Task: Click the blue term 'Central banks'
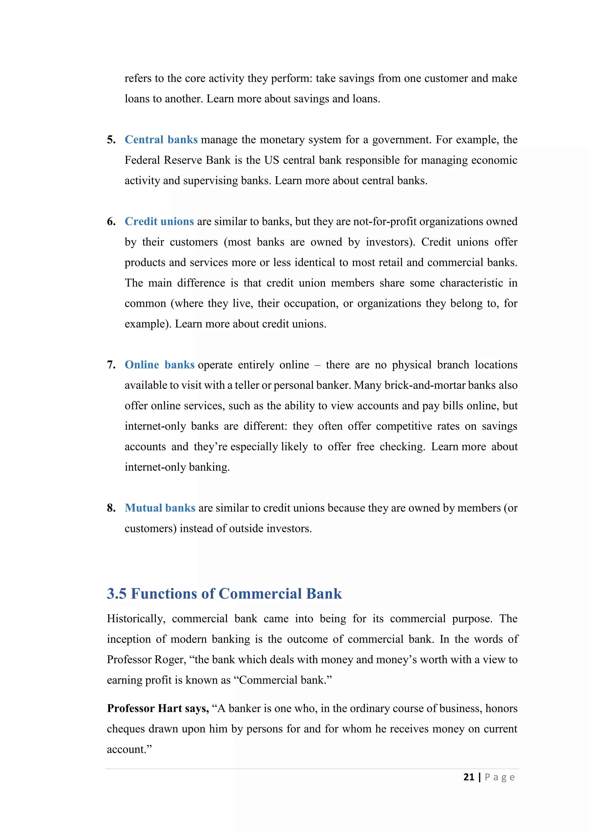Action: (161, 140)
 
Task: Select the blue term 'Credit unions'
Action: (159, 222)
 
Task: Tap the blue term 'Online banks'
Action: (160, 365)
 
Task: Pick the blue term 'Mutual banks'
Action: (160, 508)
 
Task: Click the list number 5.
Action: (111, 140)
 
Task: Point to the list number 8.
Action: (111, 508)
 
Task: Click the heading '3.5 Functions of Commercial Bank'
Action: (224, 594)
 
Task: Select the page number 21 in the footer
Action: (468, 777)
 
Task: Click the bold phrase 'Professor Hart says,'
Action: (158, 708)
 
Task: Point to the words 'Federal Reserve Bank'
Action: (178, 160)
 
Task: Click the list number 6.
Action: (111, 222)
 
